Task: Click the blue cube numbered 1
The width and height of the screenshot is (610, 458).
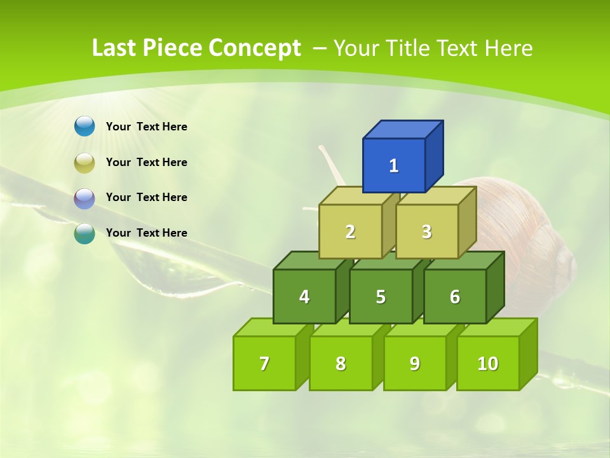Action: (394, 165)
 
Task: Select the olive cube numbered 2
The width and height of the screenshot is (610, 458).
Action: (350, 232)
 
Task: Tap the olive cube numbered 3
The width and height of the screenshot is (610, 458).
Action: (426, 232)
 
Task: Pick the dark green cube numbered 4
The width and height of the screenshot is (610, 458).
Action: (304, 296)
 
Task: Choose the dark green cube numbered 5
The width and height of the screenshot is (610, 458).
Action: (381, 296)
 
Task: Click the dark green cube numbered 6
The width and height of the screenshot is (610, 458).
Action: (455, 296)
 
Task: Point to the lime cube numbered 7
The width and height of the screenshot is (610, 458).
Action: (264, 363)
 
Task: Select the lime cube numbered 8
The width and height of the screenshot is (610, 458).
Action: (341, 363)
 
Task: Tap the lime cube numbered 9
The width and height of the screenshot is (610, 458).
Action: (415, 363)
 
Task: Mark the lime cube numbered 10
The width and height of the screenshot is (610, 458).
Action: (488, 363)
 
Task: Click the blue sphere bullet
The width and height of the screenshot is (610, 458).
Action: (85, 126)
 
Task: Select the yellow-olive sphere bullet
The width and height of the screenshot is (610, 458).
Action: (85, 163)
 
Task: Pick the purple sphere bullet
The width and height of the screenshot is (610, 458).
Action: (85, 198)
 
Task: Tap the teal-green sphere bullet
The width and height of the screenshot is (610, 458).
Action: (85, 233)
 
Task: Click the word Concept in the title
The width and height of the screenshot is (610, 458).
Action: (255, 48)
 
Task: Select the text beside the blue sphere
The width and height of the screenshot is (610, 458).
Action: (146, 127)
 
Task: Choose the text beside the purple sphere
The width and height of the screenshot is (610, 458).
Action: (146, 197)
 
